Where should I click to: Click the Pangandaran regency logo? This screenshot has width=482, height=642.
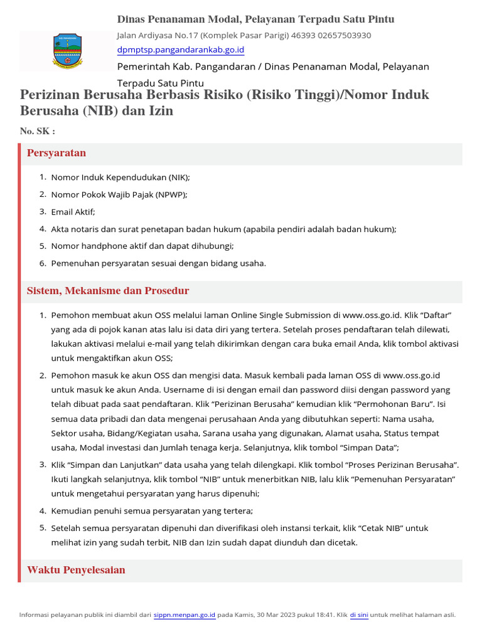(65, 51)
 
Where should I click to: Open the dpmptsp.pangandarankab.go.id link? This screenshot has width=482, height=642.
(181, 50)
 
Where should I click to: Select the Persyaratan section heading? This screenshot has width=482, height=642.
(56, 154)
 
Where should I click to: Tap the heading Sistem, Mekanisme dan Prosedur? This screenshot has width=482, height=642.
(108, 292)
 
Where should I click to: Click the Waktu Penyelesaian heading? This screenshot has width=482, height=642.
(76, 571)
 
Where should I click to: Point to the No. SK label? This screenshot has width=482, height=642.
(38, 131)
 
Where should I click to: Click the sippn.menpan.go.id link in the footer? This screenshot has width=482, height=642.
(185, 615)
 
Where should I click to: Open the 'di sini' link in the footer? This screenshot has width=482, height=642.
(358, 615)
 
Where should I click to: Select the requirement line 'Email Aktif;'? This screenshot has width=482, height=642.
(73, 212)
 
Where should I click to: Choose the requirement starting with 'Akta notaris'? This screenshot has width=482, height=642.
(223, 229)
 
